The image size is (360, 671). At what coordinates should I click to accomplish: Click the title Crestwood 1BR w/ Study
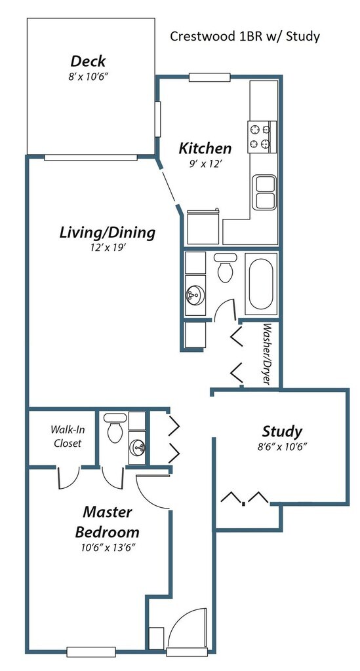pos(245,37)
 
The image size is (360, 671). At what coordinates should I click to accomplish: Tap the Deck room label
pos(88,61)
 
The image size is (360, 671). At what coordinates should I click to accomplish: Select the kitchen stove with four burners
pos(262,137)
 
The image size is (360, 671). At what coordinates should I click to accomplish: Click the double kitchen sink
pos(264,192)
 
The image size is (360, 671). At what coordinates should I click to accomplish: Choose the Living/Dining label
pos(107,233)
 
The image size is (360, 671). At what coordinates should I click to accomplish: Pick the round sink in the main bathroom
pos(195,296)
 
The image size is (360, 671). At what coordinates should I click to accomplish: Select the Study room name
pos(282,431)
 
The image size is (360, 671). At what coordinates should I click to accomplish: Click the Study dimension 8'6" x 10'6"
pos(282,446)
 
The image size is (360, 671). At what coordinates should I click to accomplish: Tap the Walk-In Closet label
pos(67,436)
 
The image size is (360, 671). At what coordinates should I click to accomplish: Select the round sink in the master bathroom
pos(137,448)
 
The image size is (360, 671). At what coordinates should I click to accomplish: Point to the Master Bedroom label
pos(107,522)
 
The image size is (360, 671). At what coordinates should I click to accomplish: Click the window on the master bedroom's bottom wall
pos(91,652)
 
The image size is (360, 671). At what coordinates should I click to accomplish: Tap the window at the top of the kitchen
pos(210,77)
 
